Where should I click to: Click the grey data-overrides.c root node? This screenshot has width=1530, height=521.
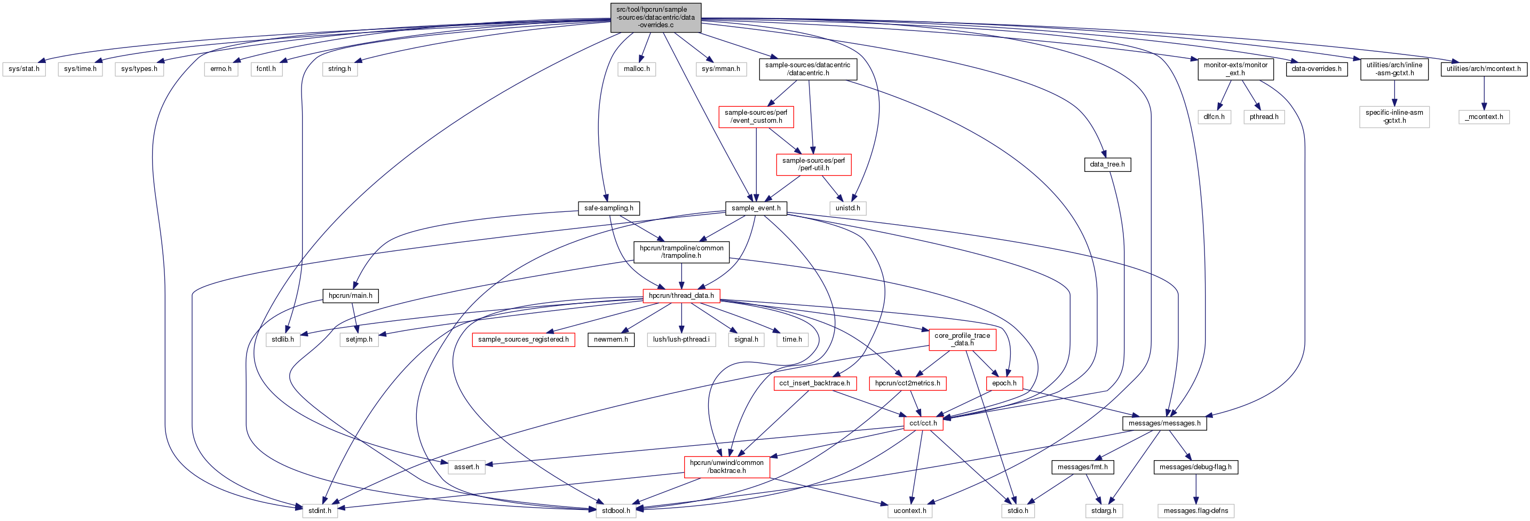(x=656, y=17)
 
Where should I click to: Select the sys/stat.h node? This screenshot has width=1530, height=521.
(x=24, y=69)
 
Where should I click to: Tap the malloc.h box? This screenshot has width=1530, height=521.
(x=637, y=69)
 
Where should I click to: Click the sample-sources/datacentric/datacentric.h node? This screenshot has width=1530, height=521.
(x=808, y=69)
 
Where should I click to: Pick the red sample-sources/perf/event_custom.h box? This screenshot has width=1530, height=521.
(x=756, y=116)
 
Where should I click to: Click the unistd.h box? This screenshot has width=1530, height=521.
(x=847, y=208)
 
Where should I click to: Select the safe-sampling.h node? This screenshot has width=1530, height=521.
(x=609, y=208)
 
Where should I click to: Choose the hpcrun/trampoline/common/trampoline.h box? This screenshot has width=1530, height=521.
(x=681, y=252)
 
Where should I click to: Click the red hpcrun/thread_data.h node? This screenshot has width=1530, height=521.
(x=681, y=295)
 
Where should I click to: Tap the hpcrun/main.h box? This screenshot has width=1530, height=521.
(x=351, y=295)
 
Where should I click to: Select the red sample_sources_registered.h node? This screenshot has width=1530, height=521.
(x=524, y=339)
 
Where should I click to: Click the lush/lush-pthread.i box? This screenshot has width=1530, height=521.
(x=681, y=339)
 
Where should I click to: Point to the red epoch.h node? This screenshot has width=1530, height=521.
(x=1004, y=383)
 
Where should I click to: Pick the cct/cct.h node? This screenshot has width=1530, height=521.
(x=923, y=423)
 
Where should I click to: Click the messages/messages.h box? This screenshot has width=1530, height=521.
(x=1164, y=423)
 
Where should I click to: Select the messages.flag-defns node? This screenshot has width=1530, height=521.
(x=1195, y=510)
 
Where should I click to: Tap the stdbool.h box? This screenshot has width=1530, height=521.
(x=616, y=510)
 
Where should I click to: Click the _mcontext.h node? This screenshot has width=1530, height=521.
(x=1484, y=117)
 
